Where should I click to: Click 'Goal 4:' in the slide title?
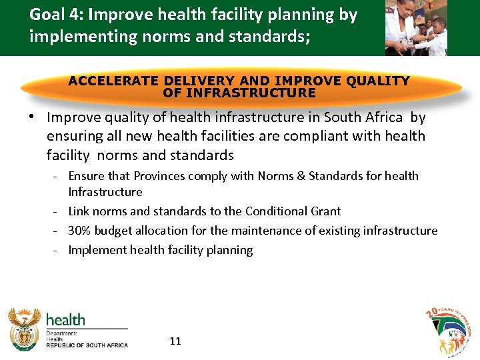(x=55, y=15)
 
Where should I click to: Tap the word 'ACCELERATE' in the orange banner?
(x=113, y=81)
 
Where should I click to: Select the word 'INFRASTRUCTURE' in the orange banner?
(x=239, y=93)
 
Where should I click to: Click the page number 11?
(x=175, y=341)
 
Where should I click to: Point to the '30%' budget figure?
(x=80, y=231)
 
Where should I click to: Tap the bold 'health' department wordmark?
(x=65, y=319)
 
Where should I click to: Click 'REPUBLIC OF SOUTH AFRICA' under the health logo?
(x=86, y=345)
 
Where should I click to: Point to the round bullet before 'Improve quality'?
(x=31, y=117)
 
